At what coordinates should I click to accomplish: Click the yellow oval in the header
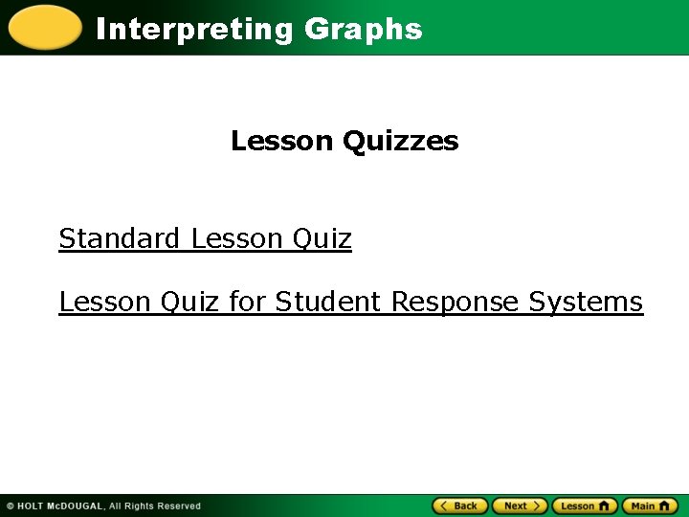point(44,27)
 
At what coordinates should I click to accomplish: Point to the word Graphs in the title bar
point(363,30)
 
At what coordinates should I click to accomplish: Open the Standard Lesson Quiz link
point(205,238)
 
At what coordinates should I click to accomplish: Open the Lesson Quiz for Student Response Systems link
point(350,302)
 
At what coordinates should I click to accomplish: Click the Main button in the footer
point(649,506)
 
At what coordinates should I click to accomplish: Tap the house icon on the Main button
point(666,506)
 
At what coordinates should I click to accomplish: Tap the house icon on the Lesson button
point(605,506)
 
